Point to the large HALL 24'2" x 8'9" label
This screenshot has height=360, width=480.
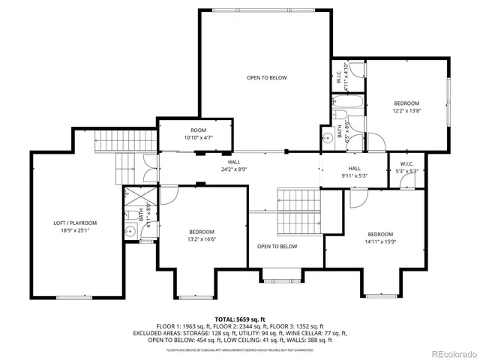click(234, 166)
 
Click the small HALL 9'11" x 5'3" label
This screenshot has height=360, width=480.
click(355, 172)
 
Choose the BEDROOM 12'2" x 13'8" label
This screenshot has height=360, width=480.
click(407, 106)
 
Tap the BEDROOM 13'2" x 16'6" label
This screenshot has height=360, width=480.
click(202, 235)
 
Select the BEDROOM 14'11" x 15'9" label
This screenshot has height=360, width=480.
click(381, 237)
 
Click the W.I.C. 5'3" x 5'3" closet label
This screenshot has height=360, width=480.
click(406, 168)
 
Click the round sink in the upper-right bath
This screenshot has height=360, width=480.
click(327, 138)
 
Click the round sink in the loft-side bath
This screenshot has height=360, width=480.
click(130, 232)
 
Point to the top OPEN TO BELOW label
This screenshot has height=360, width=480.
click(266, 77)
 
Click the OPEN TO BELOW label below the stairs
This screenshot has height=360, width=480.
click(277, 247)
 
